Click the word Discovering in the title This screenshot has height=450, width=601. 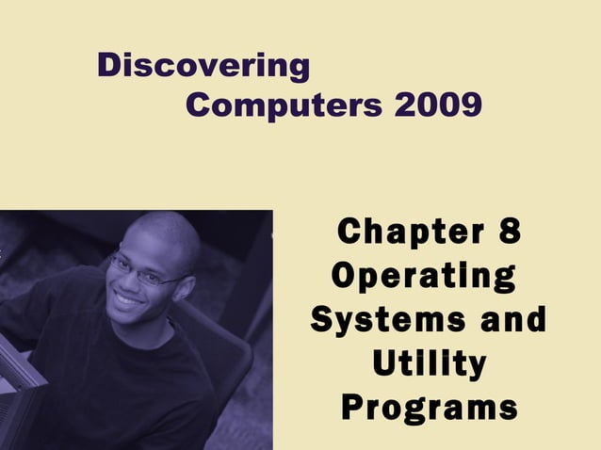click(203, 66)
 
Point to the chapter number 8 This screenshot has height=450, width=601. click(505, 233)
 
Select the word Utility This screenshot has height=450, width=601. click(429, 363)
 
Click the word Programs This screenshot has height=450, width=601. click(429, 408)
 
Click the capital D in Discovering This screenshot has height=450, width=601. click(109, 66)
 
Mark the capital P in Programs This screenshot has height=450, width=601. click(351, 408)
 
